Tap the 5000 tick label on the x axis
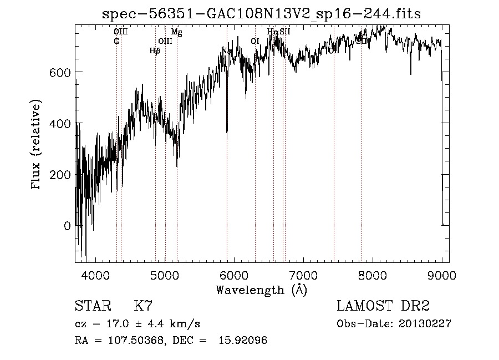(165, 275)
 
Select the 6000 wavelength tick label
(234, 275)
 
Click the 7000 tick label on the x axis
(303, 275)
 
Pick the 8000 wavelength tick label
(373, 275)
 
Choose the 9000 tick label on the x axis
(442, 275)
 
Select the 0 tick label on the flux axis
(68, 226)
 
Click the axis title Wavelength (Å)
(261, 290)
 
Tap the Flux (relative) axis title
(37, 145)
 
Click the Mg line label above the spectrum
(176, 32)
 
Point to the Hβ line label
(155, 50)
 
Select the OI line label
(254, 41)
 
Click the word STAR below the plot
(93, 306)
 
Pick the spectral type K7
(143, 306)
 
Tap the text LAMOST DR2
(383, 306)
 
